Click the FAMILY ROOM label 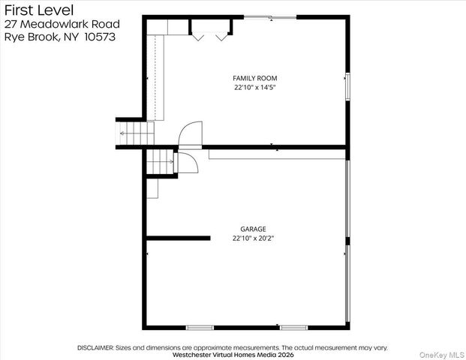[254, 79]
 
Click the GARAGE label [253, 229]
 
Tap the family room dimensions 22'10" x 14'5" [255, 88]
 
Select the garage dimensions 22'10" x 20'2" [253, 238]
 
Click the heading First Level [39, 10]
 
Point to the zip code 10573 [100, 37]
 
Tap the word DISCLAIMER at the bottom [95, 347]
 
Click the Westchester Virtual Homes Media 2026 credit [233, 355]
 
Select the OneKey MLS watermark [442, 355]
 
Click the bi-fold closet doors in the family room [210, 37]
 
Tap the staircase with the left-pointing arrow [135, 133]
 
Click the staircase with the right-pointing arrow [160, 161]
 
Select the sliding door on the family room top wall [270, 18]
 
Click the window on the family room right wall [347, 87]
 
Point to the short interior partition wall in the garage [179, 238]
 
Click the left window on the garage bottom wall [200, 328]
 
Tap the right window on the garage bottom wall [294, 328]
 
